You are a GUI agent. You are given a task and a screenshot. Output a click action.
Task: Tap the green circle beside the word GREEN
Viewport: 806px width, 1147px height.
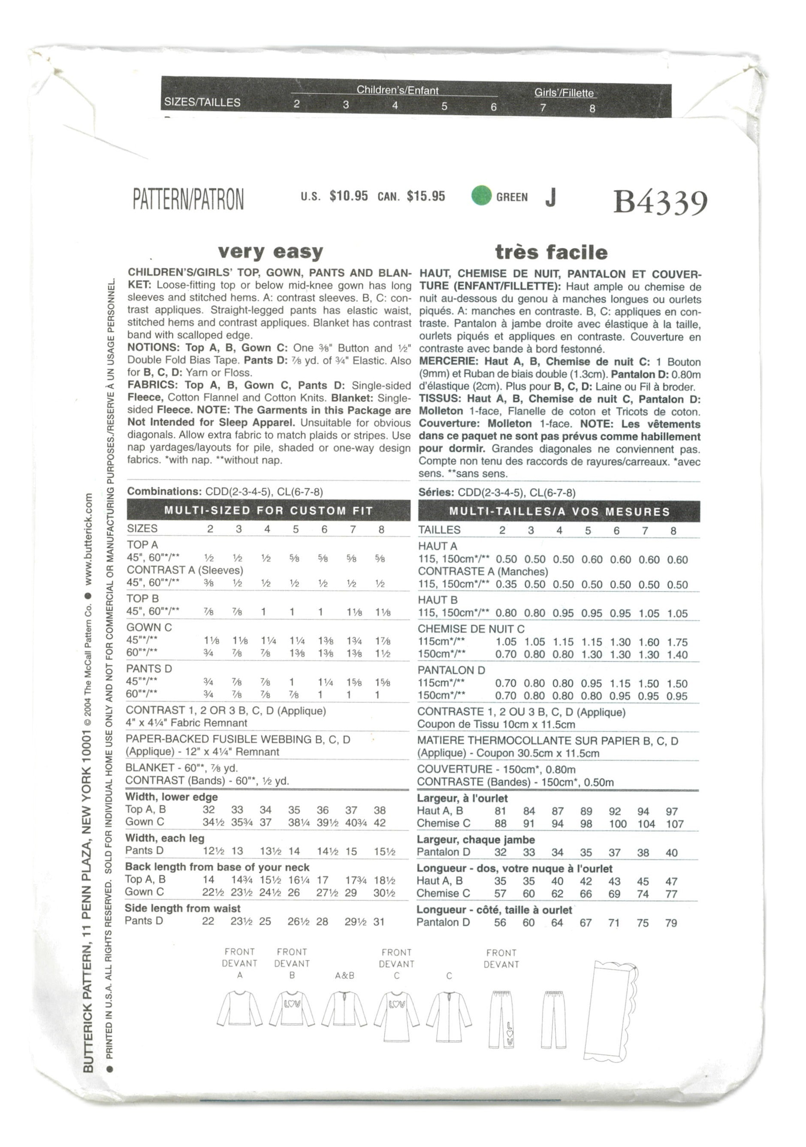click(x=481, y=195)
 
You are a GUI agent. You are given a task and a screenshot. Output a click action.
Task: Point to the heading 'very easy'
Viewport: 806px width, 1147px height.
click(x=270, y=251)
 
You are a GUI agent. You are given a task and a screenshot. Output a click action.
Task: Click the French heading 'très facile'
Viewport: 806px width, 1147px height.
click(x=551, y=252)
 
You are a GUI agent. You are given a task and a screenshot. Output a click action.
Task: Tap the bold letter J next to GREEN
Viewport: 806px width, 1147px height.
click(x=550, y=198)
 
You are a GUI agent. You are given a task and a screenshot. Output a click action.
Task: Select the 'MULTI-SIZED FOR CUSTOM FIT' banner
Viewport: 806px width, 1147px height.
click(x=269, y=511)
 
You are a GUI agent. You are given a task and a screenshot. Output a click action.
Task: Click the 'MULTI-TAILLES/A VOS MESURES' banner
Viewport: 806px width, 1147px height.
click(x=559, y=511)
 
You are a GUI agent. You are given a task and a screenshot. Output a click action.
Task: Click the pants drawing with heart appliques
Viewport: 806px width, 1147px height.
click(x=501, y=1019)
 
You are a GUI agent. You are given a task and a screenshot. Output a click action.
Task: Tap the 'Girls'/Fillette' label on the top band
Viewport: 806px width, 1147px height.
click(x=564, y=93)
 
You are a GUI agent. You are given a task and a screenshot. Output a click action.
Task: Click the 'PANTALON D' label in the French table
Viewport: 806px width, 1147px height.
click(x=451, y=670)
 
